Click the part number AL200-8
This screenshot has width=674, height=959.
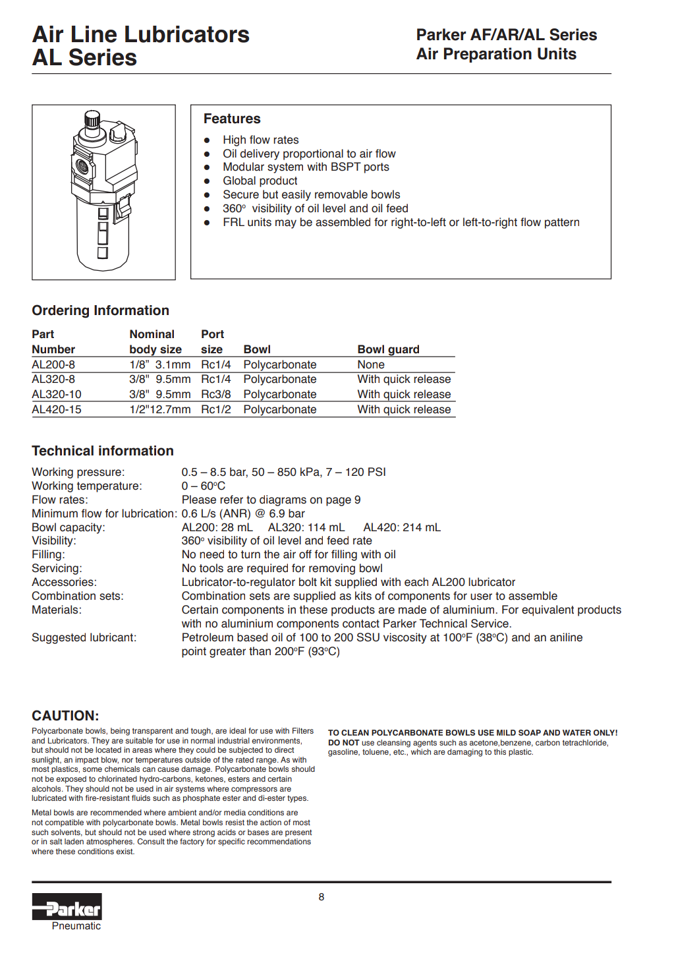coord(53,364)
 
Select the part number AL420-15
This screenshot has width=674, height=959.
coord(57,409)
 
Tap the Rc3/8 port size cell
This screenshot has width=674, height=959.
coord(215,394)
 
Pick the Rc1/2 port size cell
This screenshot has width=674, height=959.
coord(215,409)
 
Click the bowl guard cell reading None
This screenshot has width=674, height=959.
coord(371,364)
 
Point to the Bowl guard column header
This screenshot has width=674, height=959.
coord(388,349)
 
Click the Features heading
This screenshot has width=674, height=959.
coord(232,119)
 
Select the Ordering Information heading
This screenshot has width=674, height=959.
coord(100,310)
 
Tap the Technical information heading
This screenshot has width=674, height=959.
coord(103,451)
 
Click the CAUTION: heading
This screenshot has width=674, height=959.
coord(65,716)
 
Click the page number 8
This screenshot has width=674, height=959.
coord(322,896)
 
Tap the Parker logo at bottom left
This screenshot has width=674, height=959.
coord(67,907)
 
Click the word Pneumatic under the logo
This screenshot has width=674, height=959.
coord(76,926)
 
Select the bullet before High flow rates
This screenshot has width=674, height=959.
coord(207,140)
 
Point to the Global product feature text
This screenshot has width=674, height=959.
coord(260,181)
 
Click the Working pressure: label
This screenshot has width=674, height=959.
coord(78,472)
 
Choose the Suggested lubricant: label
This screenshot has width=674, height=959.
coord(84,637)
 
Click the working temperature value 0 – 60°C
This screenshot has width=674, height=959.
coord(203,486)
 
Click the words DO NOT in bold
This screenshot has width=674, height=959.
coord(343,743)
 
